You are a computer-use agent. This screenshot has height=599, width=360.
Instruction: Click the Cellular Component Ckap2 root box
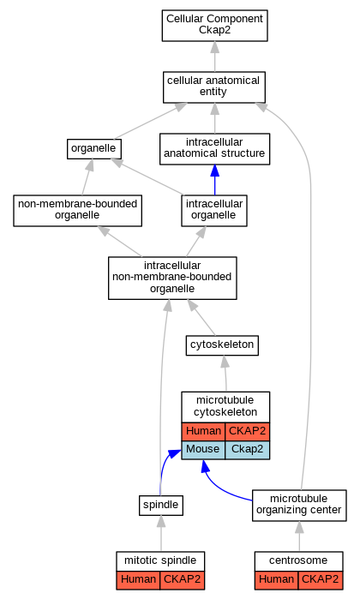(x=215, y=26)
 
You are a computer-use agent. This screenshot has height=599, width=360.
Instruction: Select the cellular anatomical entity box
(x=214, y=87)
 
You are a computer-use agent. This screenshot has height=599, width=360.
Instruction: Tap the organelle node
(x=94, y=149)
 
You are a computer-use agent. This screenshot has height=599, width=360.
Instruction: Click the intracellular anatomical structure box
(x=215, y=149)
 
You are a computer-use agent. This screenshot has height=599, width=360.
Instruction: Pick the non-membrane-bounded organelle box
(x=78, y=211)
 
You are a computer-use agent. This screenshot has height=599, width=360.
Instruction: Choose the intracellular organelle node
(x=214, y=211)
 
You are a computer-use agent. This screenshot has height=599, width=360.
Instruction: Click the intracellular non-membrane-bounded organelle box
(x=172, y=278)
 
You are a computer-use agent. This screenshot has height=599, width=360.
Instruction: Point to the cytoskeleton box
(x=222, y=345)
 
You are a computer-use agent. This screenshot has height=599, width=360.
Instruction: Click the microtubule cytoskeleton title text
(x=225, y=406)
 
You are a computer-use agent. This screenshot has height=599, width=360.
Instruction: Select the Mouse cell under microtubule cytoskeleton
(x=203, y=450)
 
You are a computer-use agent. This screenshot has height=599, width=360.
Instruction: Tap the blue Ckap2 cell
(x=247, y=450)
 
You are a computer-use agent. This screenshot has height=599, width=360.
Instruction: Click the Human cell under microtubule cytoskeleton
(x=203, y=432)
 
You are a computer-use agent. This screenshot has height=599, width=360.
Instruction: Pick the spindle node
(x=161, y=505)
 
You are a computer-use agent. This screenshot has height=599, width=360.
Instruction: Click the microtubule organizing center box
(x=299, y=505)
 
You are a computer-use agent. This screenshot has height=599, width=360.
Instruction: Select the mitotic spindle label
(x=160, y=560)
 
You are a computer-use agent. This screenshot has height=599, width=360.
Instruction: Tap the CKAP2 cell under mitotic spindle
(x=183, y=580)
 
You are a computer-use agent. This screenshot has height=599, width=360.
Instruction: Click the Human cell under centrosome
(x=276, y=580)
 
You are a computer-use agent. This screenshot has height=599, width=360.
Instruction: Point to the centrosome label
(x=298, y=560)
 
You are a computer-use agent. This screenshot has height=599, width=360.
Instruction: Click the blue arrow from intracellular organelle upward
(x=215, y=180)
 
